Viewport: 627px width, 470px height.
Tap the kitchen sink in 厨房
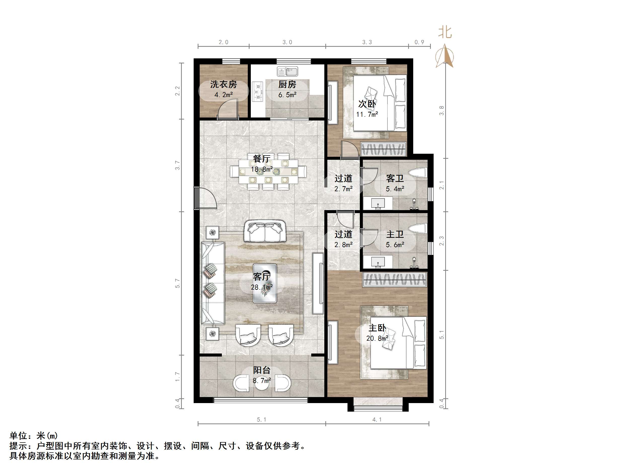[287, 71]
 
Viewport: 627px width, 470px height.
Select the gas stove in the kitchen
[257, 91]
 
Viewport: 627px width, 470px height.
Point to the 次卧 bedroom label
[367, 104]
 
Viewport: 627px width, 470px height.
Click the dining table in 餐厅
[268, 171]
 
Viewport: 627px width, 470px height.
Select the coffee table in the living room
[265, 283]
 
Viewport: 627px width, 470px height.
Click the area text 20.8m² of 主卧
[377, 338]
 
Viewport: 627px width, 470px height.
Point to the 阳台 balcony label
[262, 370]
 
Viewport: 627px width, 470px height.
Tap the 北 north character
[445, 32]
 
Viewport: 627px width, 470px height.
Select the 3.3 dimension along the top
[367, 42]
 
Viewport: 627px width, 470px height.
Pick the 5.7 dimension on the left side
[178, 283]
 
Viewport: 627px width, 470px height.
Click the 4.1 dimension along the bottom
[377, 420]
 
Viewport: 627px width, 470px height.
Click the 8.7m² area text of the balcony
[262, 380]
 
